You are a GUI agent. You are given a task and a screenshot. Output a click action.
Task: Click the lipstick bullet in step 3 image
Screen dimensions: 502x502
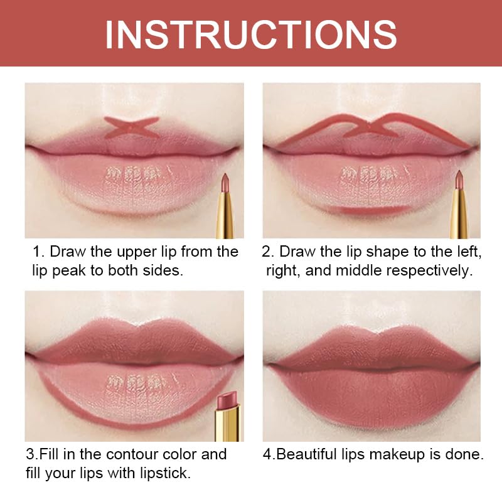pos(226,402)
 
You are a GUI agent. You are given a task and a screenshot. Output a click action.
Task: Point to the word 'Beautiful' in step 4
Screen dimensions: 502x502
pos(304,453)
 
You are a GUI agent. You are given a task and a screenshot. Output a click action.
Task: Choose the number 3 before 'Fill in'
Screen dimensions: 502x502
pos(29,453)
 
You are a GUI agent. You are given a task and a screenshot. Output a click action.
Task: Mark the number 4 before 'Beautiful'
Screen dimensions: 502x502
pos(267,453)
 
